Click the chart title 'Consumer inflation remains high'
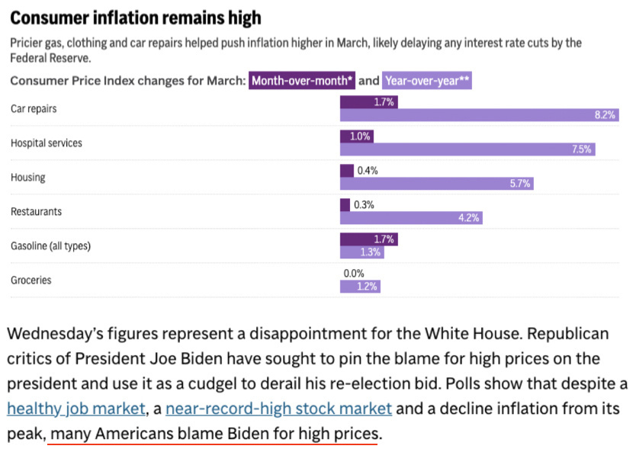tap(136, 18)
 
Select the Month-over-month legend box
tap(302, 81)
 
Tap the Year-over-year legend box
tap(427, 81)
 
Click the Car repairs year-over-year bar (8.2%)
tap(480, 115)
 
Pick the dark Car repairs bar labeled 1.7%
tap(368, 102)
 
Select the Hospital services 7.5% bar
tap(467, 149)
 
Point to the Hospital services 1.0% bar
tap(357, 136)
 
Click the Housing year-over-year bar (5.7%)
tap(437, 183)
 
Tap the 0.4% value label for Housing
tap(368, 171)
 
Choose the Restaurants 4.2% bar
tap(411, 218)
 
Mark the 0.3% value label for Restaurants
tap(364, 205)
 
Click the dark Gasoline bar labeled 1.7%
tap(368, 239)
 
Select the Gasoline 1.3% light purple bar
tap(361, 252)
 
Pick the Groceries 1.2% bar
tap(360, 287)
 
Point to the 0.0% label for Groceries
tap(354, 274)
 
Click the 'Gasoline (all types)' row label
tap(50, 246)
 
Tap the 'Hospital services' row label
tap(47, 143)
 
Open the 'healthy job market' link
tap(75, 409)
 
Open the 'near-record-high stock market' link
tap(278, 409)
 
